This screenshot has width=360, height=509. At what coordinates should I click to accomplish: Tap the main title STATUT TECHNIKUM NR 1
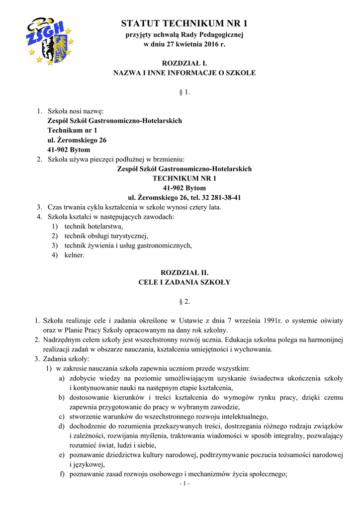tap(184, 23)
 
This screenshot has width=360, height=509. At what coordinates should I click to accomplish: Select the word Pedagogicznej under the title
tap(222, 34)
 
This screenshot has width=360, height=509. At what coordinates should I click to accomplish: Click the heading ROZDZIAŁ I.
tap(184, 63)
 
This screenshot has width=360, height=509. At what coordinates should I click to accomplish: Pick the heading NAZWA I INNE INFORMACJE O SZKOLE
tap(184, 73)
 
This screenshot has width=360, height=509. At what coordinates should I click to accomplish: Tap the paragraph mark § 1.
tap(184, 92)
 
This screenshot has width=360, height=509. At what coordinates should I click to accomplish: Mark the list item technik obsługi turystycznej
tap(106, 236)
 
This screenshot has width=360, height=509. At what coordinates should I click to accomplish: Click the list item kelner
tap(74, 255)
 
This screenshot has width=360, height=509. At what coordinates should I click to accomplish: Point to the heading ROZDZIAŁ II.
tap(184, 273)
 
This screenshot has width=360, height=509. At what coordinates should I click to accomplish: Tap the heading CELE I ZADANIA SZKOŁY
tap(184, 282)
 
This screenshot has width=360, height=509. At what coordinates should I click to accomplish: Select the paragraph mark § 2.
tap(184, 302)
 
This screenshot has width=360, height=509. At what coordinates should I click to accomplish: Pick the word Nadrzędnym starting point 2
tap(63, 340)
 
